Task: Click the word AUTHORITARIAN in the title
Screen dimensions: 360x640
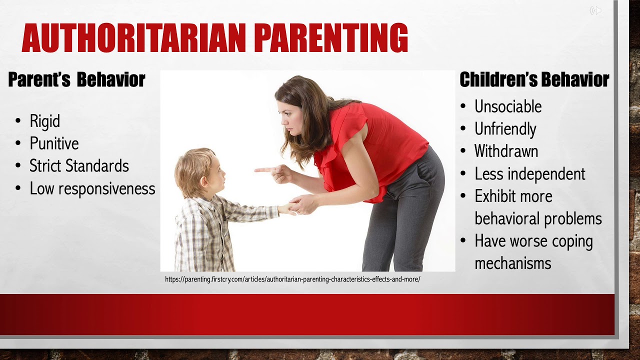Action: (x=134, y=38)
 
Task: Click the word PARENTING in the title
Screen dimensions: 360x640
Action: (x=331, y=38)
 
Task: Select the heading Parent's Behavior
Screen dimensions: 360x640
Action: (x=76, y=79)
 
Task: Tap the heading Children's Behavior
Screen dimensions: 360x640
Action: (x=534, y=79)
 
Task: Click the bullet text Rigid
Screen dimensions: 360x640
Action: (x=44, y=121)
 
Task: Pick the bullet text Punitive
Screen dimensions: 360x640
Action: (x=54, y=144)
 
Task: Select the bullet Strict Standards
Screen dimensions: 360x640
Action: (x=79, y=166)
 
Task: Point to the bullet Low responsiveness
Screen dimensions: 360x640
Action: (x=92, y=188)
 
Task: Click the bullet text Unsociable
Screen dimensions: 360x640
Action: (x=507, y=106)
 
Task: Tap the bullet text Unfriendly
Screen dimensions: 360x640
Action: (x=505, y=129)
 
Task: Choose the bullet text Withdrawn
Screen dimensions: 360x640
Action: (x=506, y=151)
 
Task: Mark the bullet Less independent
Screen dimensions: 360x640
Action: (x=529, y=174)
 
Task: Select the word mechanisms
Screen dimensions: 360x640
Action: (x=512, y=263)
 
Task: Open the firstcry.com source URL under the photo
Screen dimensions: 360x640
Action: (x=292, y=279)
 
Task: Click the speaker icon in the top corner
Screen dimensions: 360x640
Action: (x=595, y=10)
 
